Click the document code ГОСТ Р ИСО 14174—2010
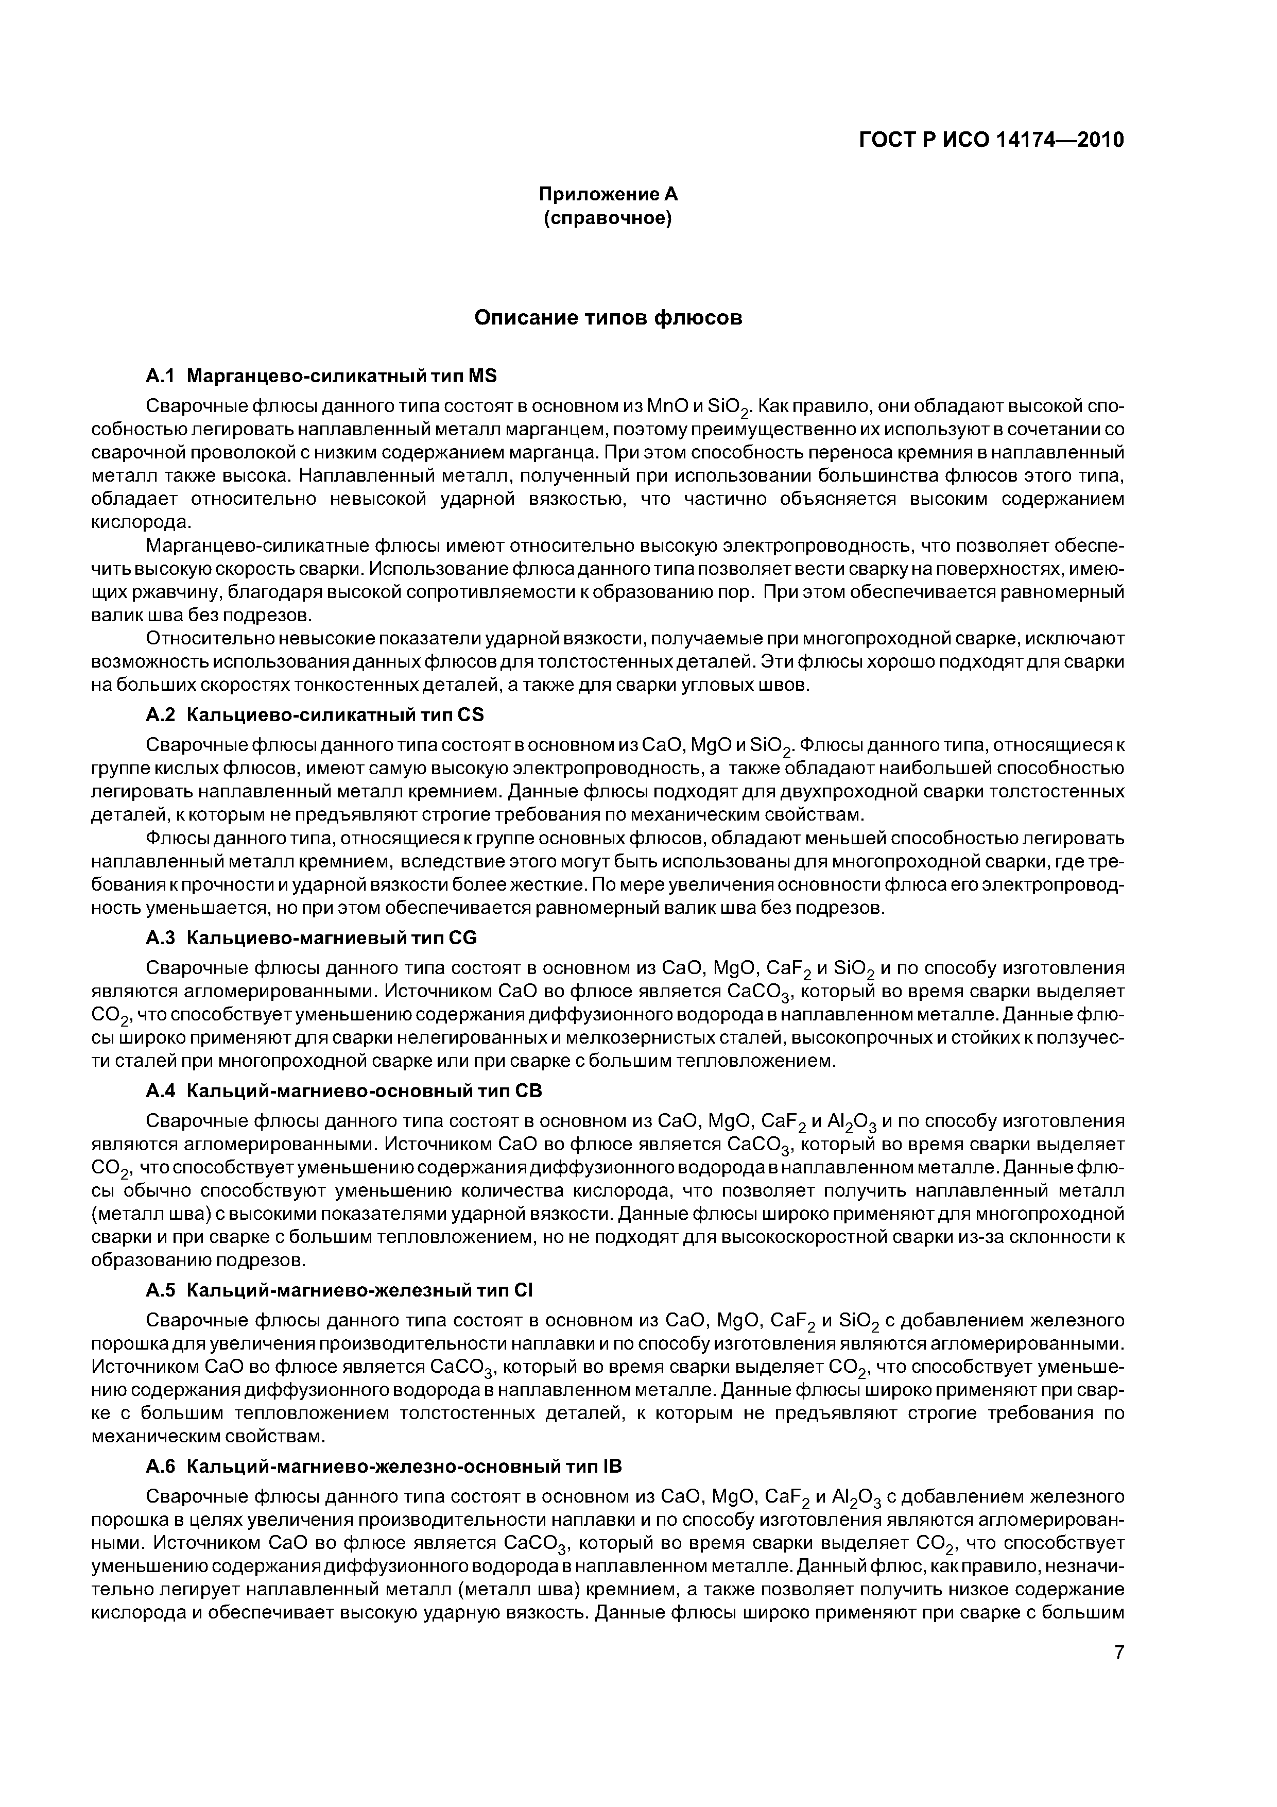coord(991,140)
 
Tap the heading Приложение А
coord(608,194)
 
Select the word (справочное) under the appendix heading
coord(608,218)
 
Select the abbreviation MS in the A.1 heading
coord(482,376)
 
